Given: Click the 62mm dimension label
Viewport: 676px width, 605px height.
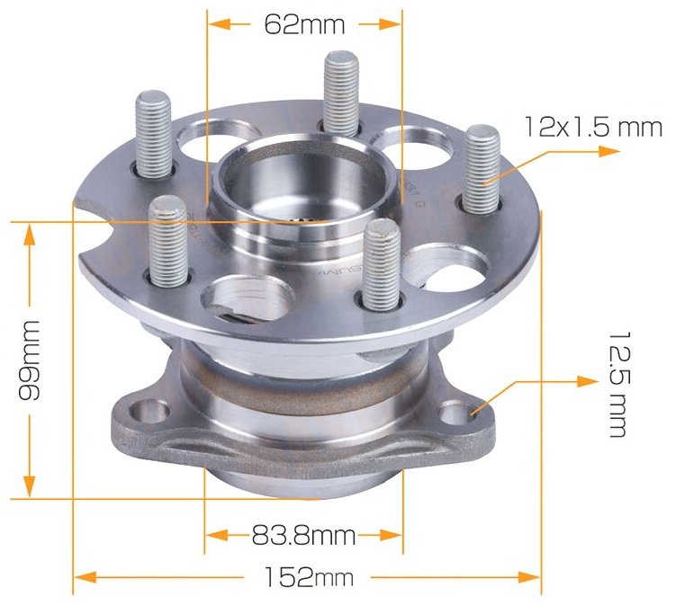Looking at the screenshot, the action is pyautogui.click(x=304, y=24).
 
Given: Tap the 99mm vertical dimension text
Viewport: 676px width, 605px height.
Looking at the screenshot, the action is pyautogui.click(x=30, y=360).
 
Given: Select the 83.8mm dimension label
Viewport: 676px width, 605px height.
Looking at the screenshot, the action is pyautogui.click(x=303, y=536).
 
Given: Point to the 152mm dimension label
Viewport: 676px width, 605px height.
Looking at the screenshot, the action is pyautogui.click(x=308, y=577).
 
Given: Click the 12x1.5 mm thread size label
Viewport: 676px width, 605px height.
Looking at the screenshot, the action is pyautogui.click(x=593, y=127).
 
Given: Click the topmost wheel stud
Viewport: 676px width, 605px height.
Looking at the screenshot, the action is pyautogui.click(x=341, y=93).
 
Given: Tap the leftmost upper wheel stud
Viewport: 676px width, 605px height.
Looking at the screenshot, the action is pyautogui.click(x=154, y=134).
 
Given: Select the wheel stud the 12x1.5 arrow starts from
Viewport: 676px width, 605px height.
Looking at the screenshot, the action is pyautogui.click(x=482, y=169).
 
